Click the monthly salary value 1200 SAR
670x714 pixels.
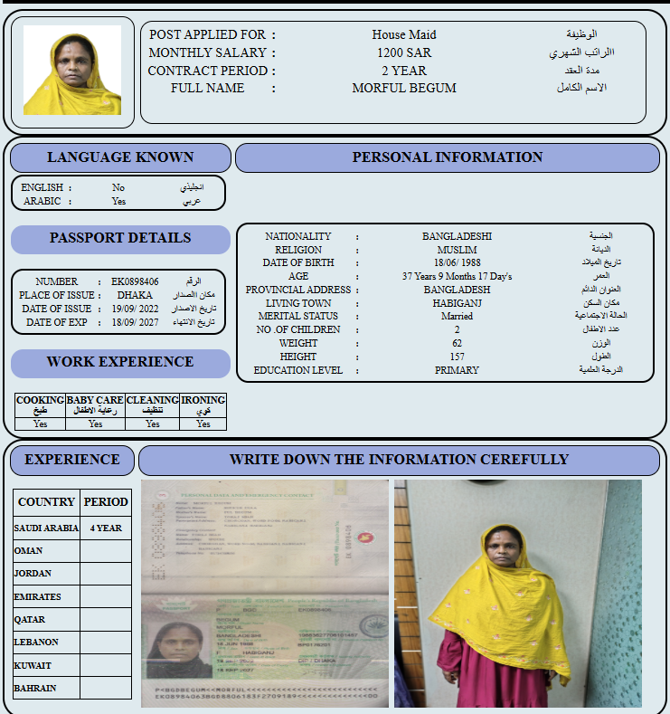coord(404,52)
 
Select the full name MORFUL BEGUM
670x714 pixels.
coord(404,88)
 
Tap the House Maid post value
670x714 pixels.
coord(404,35)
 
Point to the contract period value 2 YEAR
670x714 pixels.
coord(404,71)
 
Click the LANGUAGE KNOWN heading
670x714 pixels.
coord(120,157)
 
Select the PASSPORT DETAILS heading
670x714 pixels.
coord(120,238)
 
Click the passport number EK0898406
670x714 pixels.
coord(135,281)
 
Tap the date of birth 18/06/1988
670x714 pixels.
coord(457,262)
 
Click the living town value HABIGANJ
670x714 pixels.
coord(457,303)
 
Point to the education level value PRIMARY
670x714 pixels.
coord(457,370)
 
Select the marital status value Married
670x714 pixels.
coord(457,317)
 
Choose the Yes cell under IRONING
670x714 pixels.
coord(203,424)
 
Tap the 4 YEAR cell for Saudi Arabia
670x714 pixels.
coord(106,528)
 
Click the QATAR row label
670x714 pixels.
coord(31,620)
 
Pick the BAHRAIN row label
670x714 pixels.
coord(35,689)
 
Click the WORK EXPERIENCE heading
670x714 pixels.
coord(120,362)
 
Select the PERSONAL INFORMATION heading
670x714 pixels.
coord(448,157)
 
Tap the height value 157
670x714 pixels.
coord(457,357)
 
